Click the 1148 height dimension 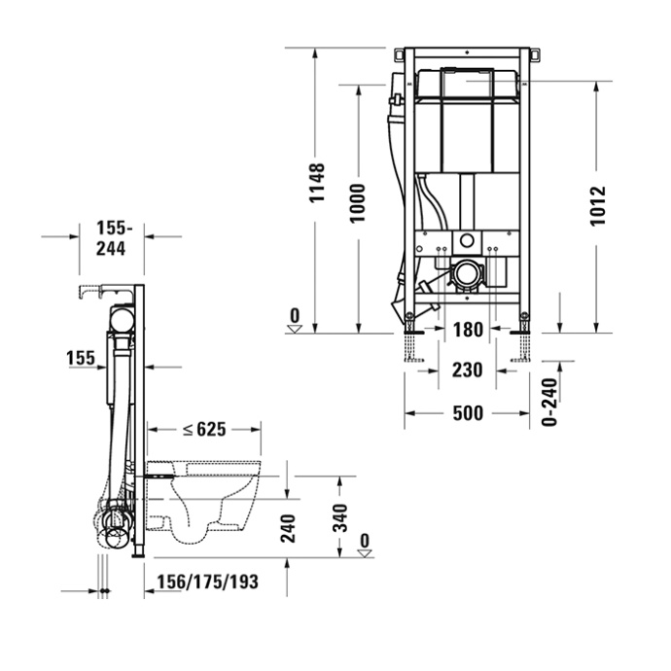click(x=317, y=183)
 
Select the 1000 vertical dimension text click(x=358, y=202)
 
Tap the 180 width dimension click(x=468, y=331)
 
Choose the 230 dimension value click(x=468, y=370)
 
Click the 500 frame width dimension click(x=468, y=413)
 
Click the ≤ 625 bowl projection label click(x=204, y=429)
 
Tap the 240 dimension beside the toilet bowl click(x=288, y=527)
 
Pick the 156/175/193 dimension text click(x=207, y=582)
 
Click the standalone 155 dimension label click(x=82, y=359)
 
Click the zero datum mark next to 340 click(x=365, y=546)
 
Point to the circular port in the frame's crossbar click(x=468, y=241)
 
